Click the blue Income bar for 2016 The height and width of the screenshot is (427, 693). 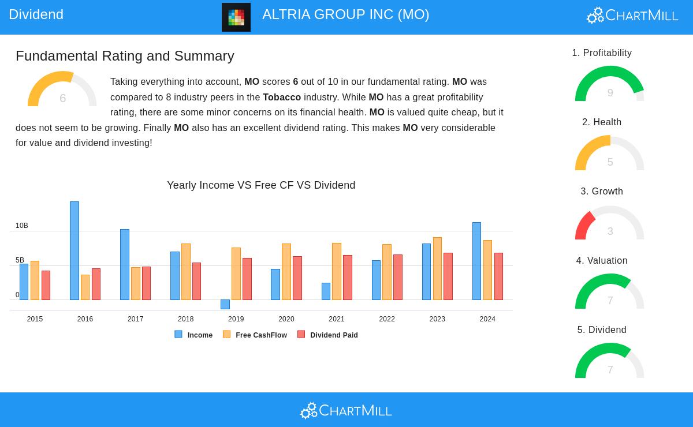(74, 250)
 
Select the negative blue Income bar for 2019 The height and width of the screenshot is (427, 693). (225, 304)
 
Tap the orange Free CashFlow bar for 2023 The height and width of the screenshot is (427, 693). (437, 268)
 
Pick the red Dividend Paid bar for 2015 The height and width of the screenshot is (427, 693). (46, 285)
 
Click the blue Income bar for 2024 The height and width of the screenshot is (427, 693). (476, 261)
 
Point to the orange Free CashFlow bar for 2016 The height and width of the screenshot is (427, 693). (85, 287)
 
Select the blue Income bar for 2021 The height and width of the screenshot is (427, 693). (326, 291)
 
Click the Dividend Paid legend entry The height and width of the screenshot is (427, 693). (327, 335)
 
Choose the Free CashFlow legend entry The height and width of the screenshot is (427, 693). (255, 335)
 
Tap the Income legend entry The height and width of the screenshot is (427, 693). (194, 335)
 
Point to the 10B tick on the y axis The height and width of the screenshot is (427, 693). (21, 226)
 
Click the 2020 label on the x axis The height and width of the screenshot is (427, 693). (286, 319)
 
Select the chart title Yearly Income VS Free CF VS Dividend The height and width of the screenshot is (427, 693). (261, 185)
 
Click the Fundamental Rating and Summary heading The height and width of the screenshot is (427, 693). (125, 56)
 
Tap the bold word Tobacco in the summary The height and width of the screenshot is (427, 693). (282, 97)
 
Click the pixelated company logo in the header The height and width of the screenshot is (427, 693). (236, 17)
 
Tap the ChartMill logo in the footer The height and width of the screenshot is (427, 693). (346, 410)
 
